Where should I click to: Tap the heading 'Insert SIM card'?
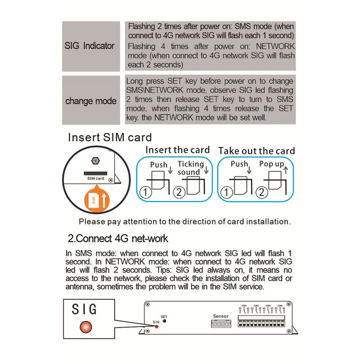click(110, 137)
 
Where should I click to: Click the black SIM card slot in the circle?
click(95, 173)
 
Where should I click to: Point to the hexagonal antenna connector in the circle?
click(95, 161)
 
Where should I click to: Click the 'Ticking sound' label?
click(190, 168)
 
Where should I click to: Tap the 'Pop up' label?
click(271, 164)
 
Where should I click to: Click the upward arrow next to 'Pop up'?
click(286, 170)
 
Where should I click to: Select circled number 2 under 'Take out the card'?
click(262, 192)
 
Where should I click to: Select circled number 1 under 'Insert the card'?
click(145, 192)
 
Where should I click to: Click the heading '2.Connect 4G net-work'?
click(118, 238)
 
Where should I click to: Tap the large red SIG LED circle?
click(86, 327)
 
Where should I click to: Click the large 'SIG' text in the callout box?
click(84, 309)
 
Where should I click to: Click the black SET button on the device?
click(164, 321)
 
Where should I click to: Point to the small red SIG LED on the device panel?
click(156, 326)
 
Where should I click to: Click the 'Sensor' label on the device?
click(220, 316)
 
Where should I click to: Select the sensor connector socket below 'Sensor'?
click(221, 324)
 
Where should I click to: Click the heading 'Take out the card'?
click(256, 151)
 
